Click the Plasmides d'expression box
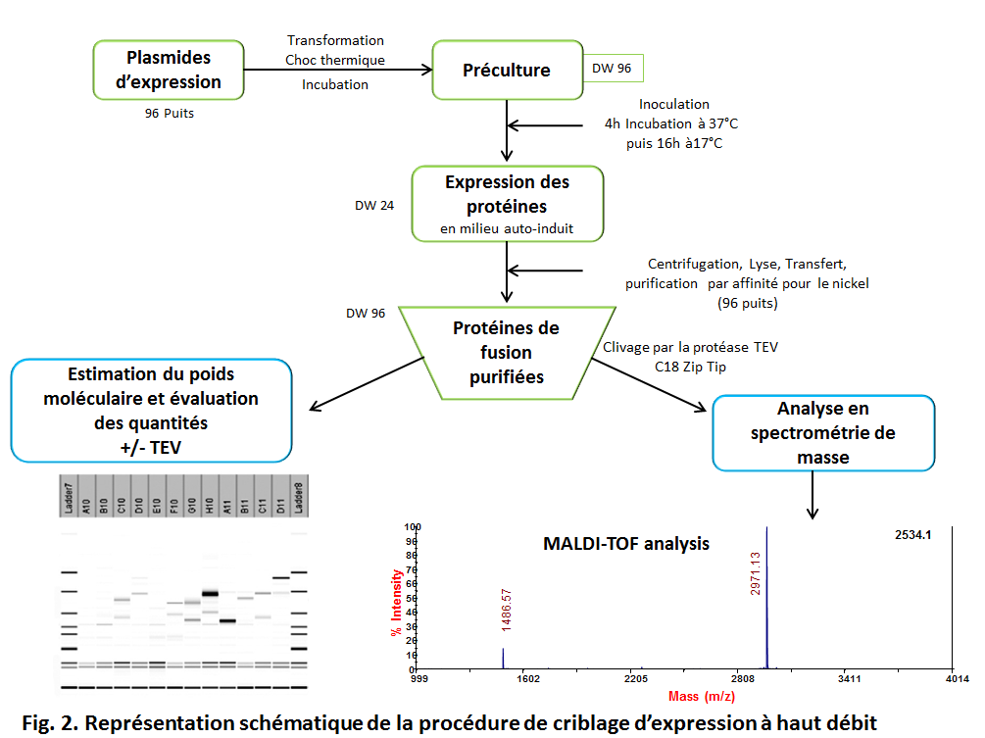pos(169,70)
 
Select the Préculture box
pos(507,70)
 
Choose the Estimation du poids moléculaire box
pos(151,411)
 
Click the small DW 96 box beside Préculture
pos(613,70)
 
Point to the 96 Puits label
pos(170,114)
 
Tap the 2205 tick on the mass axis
pos(636,678)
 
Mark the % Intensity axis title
pos(396,604)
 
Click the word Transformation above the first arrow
pos(335,40)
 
